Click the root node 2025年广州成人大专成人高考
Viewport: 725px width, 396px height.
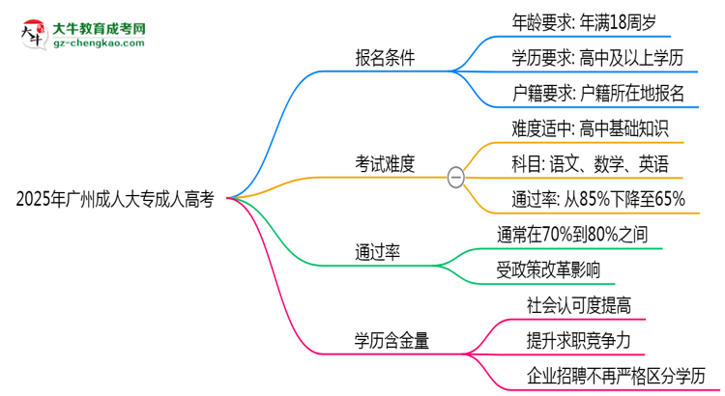[115, 199]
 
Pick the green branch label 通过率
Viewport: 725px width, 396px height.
[377, 253]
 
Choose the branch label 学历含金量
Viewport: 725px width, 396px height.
[391, 340]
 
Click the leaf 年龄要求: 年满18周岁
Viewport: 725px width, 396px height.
[587, 21]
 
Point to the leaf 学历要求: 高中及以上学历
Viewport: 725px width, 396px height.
[597, 58]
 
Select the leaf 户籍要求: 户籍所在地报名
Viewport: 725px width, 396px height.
[598, 94]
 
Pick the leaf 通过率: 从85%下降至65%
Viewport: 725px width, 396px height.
[597, 200]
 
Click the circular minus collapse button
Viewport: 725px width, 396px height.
[456, 178]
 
